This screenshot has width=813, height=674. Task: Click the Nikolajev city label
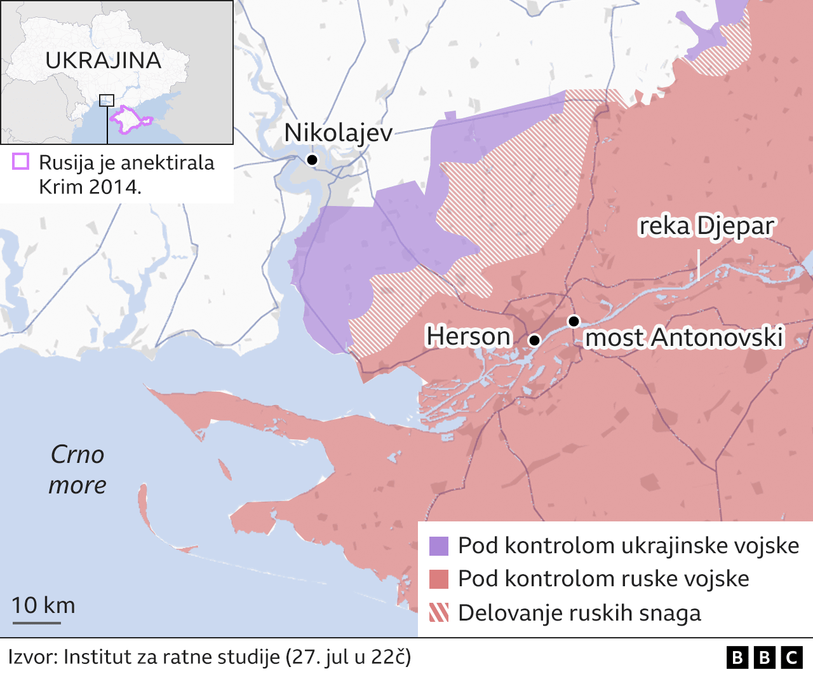(338, 133)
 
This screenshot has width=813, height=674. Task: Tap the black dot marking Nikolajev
(312, 160)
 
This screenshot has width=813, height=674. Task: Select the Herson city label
(468, 336)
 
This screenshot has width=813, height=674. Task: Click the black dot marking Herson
(534, 340)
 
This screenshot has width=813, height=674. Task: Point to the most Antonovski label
(684, 338)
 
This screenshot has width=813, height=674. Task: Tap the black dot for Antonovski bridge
(574, 321)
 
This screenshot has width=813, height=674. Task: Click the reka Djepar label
(706, 226)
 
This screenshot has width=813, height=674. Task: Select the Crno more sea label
(77, 469)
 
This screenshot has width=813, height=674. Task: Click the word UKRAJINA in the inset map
(104, 60)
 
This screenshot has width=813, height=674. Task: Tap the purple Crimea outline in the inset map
(130, 121)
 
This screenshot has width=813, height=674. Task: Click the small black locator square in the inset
(107, 100)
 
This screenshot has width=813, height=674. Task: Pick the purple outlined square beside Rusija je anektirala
(20, 162)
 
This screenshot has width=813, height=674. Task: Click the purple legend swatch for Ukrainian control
(439, 546)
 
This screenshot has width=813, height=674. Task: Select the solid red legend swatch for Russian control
(439, 579)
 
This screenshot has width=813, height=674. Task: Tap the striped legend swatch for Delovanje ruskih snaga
(439, 613)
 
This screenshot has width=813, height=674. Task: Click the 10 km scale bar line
(36, 622)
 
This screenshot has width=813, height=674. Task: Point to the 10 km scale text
(43, 605)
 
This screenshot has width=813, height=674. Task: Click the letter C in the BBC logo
(791, 657)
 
